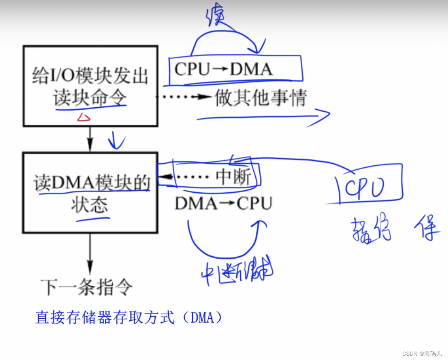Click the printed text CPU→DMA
point(224,69)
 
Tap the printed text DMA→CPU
point(224,203)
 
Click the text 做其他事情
point(261,97)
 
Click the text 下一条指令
point(87,287)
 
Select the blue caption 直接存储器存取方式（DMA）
point(129,318)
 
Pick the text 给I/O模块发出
point(90,75)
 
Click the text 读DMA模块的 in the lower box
point(92,184)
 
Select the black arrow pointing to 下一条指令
point(90,254)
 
